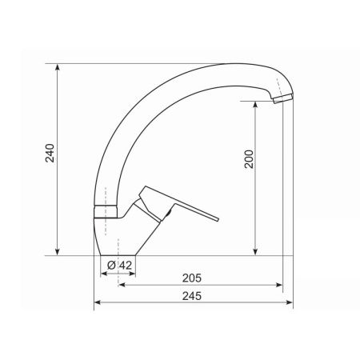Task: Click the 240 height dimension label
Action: point(49,154)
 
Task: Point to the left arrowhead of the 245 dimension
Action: point(98,303)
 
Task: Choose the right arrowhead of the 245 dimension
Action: point(290,303)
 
